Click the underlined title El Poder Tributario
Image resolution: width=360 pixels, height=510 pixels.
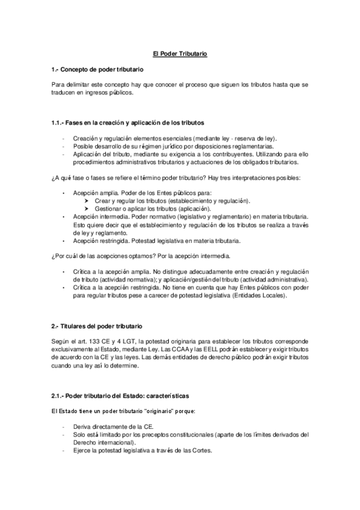point(180,54)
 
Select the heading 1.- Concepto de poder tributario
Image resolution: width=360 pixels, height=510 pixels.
point(97,70)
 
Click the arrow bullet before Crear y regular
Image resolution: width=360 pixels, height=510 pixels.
point(88,200)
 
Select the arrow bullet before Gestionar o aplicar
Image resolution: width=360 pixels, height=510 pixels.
point(88,208)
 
